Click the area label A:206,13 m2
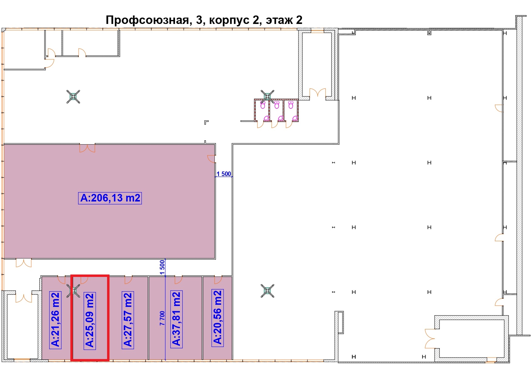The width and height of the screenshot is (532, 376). point(110,198)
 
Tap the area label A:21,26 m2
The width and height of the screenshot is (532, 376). point(55,319)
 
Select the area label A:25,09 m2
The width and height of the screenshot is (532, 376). point(90,321)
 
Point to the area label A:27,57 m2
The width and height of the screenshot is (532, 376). point(128,319)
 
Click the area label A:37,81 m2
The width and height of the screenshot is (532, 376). point(176,319)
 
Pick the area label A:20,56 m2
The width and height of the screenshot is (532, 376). point(217,317)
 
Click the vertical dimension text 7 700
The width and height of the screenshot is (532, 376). point(162,318)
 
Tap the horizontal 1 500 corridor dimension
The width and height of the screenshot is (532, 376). point(224,174)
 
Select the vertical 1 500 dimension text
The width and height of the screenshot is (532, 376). point(162,267)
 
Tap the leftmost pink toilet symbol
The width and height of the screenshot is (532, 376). point(263,105)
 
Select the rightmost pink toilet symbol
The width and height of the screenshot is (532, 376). point(291,105)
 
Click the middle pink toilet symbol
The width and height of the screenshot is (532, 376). point(277,105)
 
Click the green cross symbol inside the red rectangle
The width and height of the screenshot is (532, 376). point(73,291)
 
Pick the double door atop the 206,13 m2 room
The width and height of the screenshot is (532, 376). point(87,148)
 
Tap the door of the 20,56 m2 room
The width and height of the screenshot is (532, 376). point(218,280)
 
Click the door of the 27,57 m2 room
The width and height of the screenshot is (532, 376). point(128,280)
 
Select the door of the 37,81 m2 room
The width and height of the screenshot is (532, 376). point(178,280)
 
